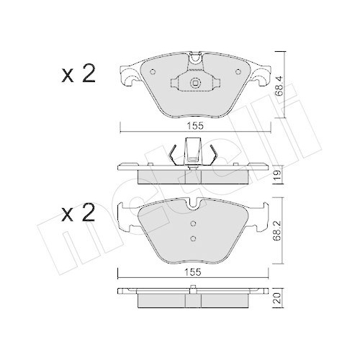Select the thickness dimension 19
[279, 174]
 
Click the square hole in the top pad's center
[194, 84]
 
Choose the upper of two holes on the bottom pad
[192, 222]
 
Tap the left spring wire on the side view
[171, 153]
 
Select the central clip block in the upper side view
[193, 152]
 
